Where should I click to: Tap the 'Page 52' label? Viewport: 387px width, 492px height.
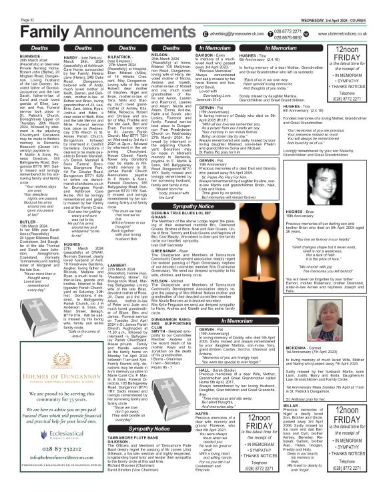pyautogui.click(x=12, y=6)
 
